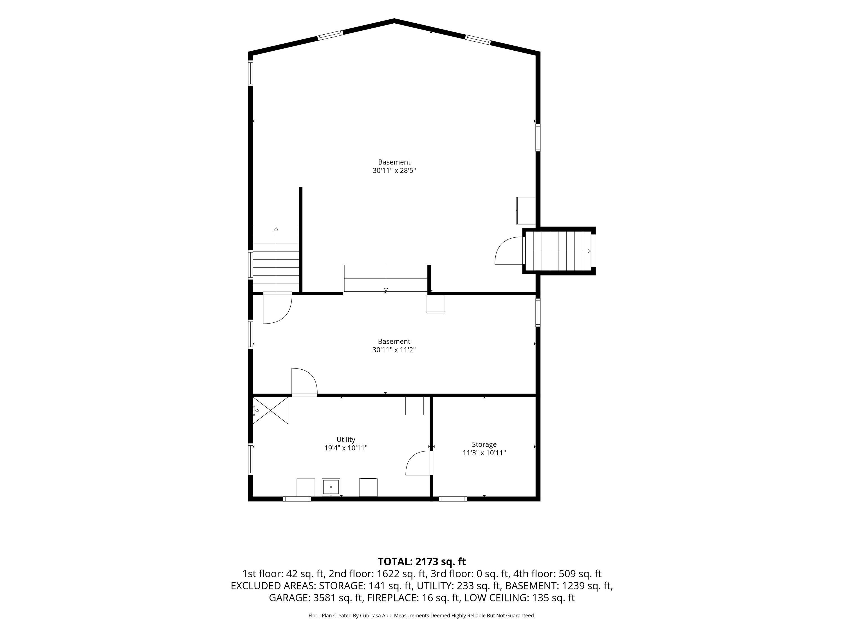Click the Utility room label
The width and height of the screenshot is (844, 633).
[346, 439]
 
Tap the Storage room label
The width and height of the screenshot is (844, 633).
[484, 445]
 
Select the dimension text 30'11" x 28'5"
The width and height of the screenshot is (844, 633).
[394, 170]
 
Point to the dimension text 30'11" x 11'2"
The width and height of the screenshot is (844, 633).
[394, 350]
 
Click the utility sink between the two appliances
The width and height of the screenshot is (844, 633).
[331, 487]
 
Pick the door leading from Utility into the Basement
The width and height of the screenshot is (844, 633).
[304, 382]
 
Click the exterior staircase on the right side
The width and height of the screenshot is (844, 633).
[559, 251]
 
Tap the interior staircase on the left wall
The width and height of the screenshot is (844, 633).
[276, 259]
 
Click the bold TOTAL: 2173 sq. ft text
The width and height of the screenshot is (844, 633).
[422, 562]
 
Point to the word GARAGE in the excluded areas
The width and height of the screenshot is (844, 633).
[289, 598]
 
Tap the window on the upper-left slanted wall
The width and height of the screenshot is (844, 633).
[331, 35]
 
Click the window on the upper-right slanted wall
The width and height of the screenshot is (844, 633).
[477, 40]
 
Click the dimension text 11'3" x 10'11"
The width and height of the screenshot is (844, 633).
[484, 453]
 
